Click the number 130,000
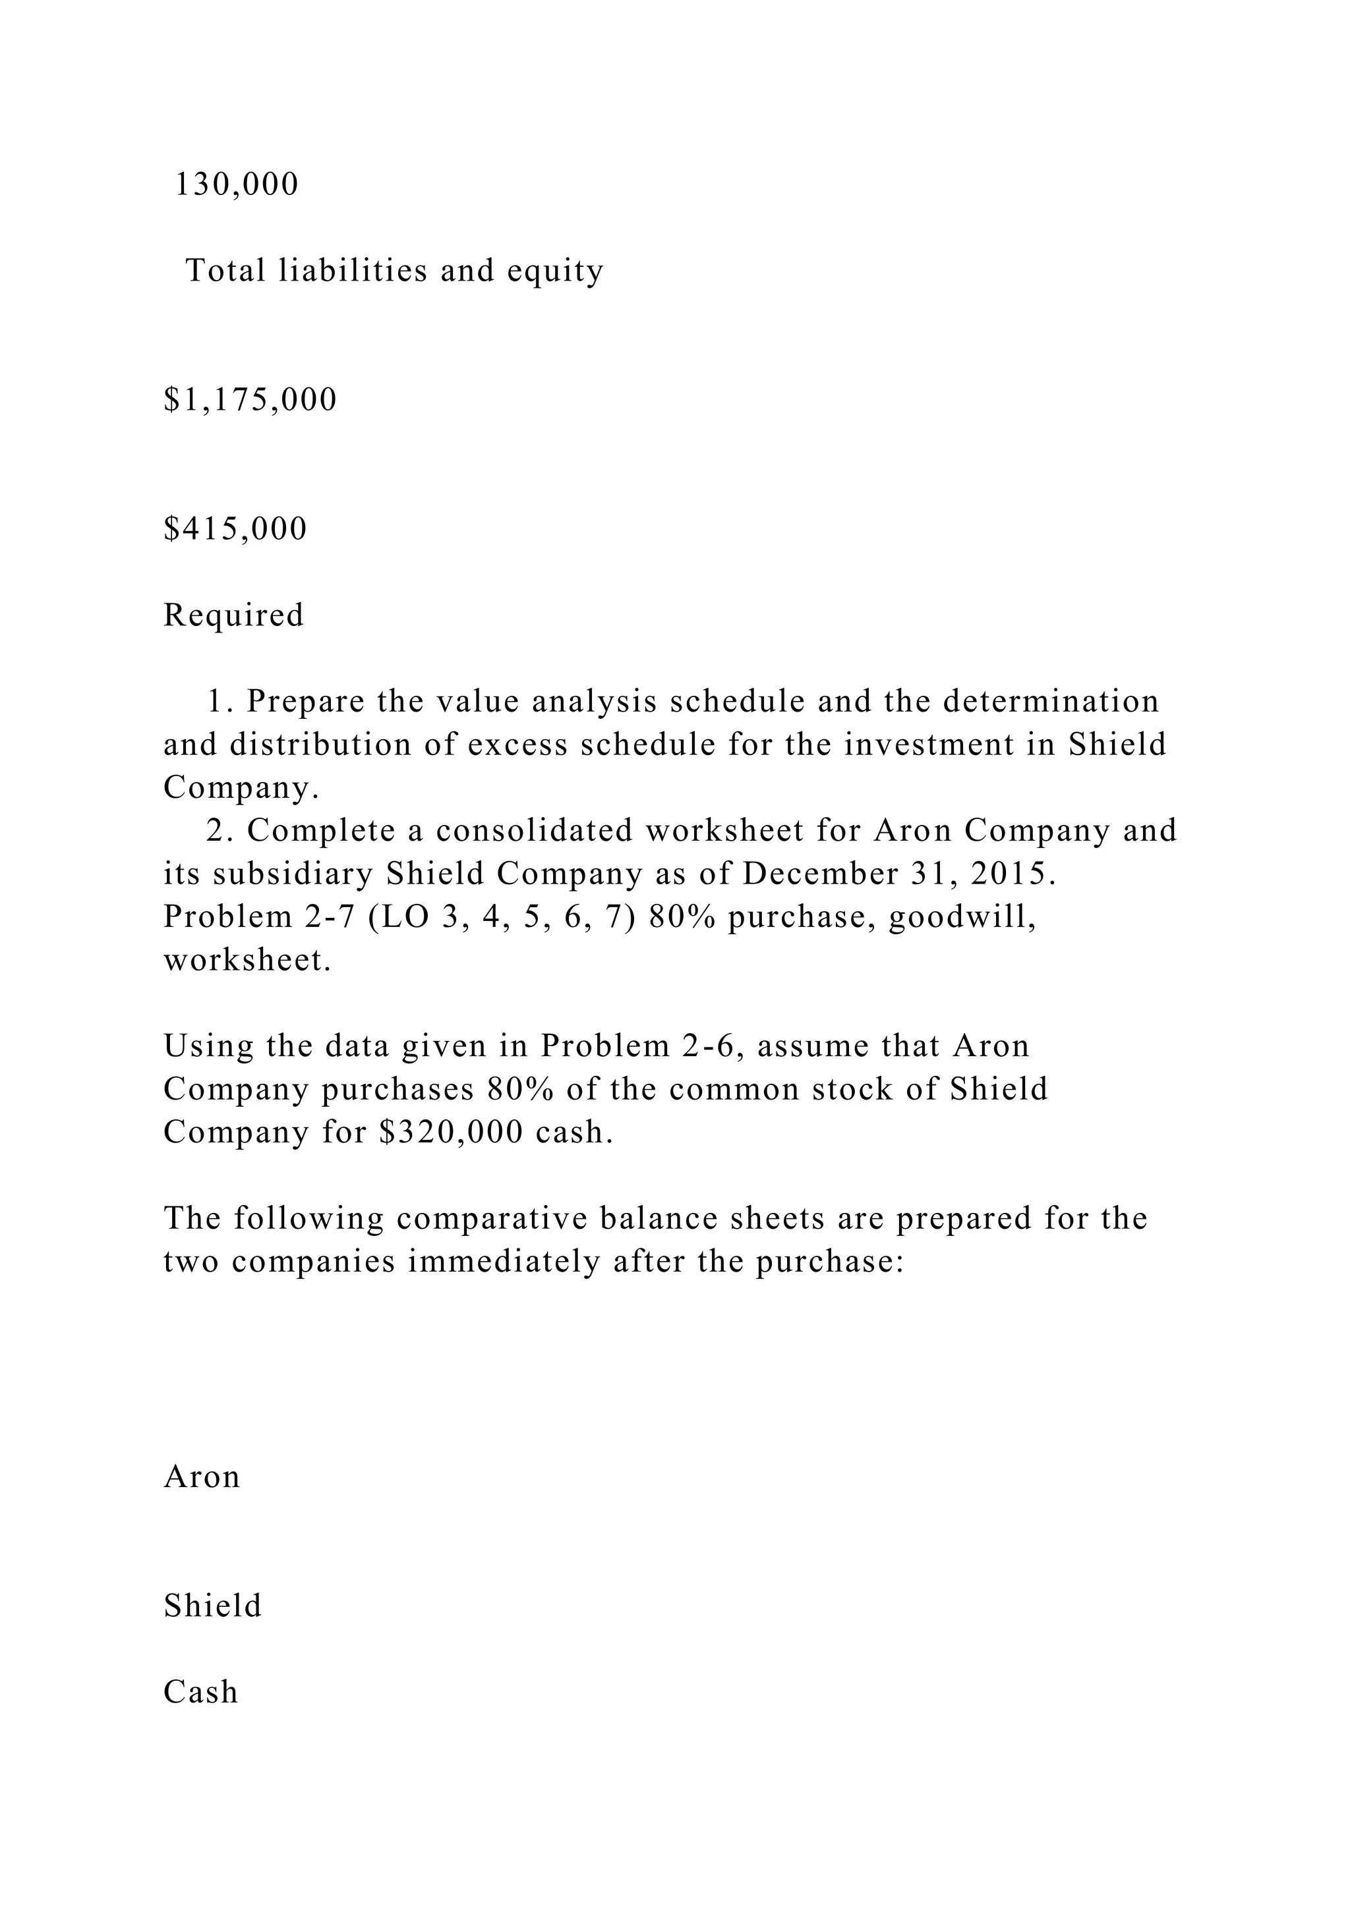coord(236,184)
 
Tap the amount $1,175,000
coord(250,400)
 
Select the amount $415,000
coord(235,528)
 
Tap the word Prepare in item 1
coord(306,702)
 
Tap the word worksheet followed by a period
coord(247,960)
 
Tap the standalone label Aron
coord(202,1476)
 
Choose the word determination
coord(1050,702)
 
